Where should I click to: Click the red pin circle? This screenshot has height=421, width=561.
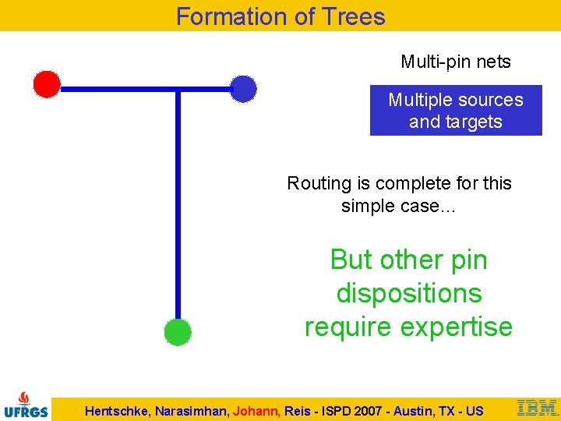(47, 84)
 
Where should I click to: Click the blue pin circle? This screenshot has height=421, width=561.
(244, 89)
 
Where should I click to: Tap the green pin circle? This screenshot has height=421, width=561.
(178, 332)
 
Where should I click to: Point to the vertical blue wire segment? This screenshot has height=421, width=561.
(178, 210)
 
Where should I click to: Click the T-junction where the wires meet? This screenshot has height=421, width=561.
(178, 90)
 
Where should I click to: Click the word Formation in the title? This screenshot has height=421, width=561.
(231, 16)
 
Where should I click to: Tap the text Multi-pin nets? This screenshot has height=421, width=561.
(456, 62)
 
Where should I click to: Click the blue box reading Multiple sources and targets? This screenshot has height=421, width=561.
(456, 111)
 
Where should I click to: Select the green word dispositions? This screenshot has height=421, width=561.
(409, 293)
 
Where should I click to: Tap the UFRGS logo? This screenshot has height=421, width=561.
(26, 403)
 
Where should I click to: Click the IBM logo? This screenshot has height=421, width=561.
(537, 408)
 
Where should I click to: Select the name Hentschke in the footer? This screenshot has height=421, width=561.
(119, 411)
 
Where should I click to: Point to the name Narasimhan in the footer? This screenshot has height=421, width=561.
(192, 411)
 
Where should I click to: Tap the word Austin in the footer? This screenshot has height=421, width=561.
(416, 411)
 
